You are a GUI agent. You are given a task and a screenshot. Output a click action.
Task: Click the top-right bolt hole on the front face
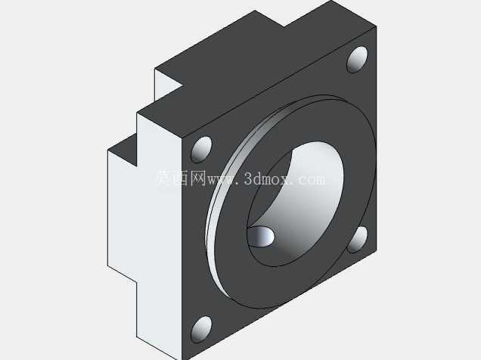[x=357, y=60]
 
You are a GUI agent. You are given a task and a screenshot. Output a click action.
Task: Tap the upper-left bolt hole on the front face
[x=201, y=149]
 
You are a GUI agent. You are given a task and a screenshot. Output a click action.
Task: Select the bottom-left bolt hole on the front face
[x=201, y=329]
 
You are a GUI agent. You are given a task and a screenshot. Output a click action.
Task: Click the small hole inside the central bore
[x=261, y=236]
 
